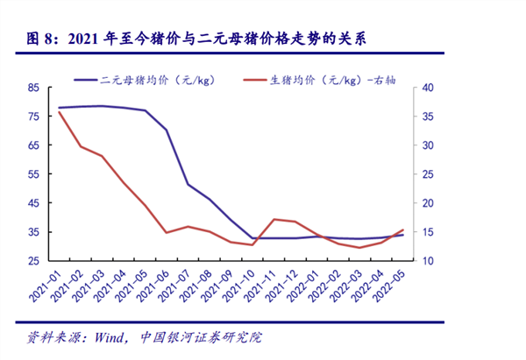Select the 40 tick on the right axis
(426, 88)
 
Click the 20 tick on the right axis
(426, 203)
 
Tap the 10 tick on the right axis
(426, 261)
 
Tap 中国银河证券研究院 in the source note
(201, 336)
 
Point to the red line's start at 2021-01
(59, 111)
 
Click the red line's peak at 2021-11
(274, 219)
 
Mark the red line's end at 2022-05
(403, 229)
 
